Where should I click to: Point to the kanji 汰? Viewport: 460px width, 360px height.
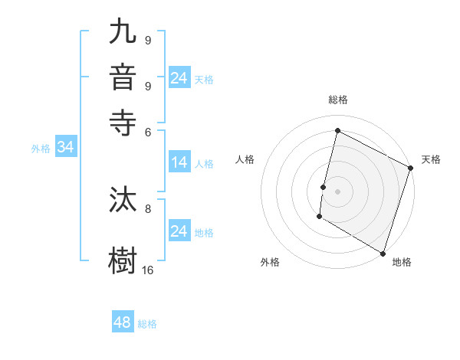coord(123,201)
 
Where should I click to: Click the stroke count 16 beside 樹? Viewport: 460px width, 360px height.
coord(148,270)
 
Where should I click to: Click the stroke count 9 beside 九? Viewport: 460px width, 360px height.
coord(148,40)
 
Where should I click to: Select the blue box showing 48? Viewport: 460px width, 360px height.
coord(122,322)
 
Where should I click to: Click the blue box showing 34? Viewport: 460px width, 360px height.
coord(65,148)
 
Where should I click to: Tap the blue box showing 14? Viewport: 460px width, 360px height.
coord(179,162)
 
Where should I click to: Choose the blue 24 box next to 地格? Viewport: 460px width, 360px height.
coord(179,231)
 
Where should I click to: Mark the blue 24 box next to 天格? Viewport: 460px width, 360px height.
coord(179,78)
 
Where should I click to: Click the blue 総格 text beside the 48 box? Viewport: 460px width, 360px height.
coord(147,324)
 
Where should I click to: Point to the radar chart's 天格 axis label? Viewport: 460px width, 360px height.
coord(431,159)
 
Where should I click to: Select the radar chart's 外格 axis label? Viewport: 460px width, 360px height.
coord(270,262)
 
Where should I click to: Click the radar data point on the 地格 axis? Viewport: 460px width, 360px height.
coord(383,253)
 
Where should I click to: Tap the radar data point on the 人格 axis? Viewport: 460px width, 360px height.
coord(324,187)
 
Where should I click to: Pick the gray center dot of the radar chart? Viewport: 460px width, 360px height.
coord(338,190)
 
